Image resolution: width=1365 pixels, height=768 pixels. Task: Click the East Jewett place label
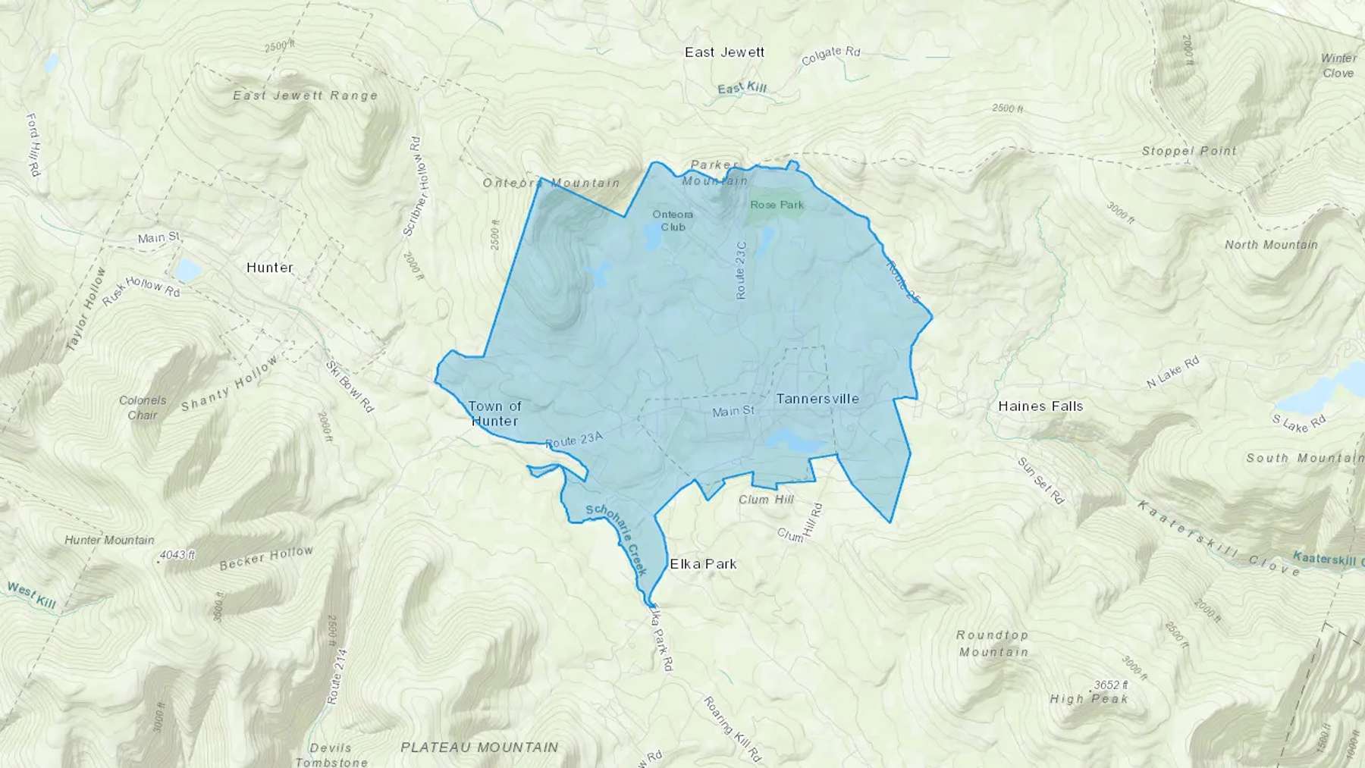coord(724,52)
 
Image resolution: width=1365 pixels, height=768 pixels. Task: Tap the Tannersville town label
coord(817,399)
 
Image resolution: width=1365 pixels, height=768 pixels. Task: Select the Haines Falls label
coord(1040,406)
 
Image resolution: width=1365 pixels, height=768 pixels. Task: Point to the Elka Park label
coord(703,564)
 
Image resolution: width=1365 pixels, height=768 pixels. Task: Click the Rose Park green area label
coord(777,205)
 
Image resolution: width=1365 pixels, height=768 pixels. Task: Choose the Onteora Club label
coord(673,221)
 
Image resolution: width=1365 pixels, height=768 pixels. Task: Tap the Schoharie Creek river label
coord(617,538)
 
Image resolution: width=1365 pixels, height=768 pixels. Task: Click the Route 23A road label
coord(573,439)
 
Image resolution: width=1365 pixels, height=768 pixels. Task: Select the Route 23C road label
coord(742,270)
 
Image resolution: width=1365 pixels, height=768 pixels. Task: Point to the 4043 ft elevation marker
coord(177,555)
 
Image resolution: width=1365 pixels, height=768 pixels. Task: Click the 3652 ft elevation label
coord(1110,685)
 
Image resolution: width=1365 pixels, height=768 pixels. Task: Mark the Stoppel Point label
coord(1189,151)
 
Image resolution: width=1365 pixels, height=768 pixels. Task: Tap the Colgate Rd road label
coord(831,55)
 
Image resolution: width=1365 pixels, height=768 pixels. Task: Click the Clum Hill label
coord(766,500)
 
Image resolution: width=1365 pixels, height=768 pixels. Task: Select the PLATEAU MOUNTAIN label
coord(479,748)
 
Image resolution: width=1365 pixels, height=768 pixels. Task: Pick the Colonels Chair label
coord(143,408)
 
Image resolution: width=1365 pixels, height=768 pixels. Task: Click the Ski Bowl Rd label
coord(350,386)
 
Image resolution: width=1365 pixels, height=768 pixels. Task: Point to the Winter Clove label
coord(1338,66)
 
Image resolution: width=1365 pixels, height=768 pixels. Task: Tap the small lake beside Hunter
coord(188,270)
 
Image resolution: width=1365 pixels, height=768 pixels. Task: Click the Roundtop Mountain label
coord(993,644)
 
